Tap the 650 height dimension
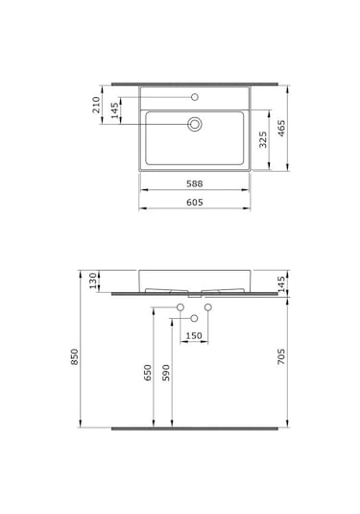click(148, 373)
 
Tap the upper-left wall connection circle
click(180, 306)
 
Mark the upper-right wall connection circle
click(207, 306)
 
